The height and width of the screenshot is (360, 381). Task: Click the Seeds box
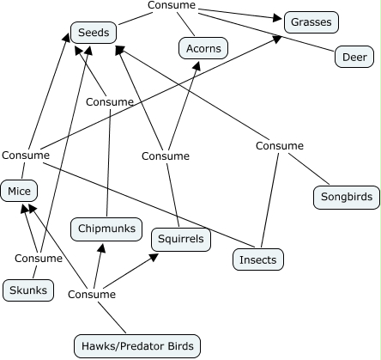[94, 33]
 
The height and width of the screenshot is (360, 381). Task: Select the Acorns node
[203, 48]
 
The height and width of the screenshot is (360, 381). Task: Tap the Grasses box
[311, 22]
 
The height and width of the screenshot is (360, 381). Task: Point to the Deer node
[354, 57]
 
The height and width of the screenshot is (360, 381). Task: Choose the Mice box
[19, 191]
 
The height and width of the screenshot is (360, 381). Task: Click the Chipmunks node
[106, 229]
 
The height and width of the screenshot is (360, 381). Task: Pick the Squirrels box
[181, 240]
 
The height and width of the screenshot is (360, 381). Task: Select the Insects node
[258, 259]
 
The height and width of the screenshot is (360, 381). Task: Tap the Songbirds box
[347, 197]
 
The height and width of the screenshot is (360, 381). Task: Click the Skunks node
[28, 290]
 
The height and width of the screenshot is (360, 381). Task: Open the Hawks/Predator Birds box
[137, 346]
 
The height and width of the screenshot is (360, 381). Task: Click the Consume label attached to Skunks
[39, 258]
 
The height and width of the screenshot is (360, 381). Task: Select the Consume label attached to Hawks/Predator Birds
[92, 294]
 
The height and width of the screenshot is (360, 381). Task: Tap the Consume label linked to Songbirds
[280, 146]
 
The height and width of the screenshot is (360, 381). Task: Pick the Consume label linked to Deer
[172, 5]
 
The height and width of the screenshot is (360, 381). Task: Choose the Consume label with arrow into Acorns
[166, 156]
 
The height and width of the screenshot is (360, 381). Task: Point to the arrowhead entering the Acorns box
[197, 65]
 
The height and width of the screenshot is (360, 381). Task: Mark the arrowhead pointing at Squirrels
[154, 257]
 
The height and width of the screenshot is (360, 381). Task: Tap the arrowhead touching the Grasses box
[277, 18]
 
